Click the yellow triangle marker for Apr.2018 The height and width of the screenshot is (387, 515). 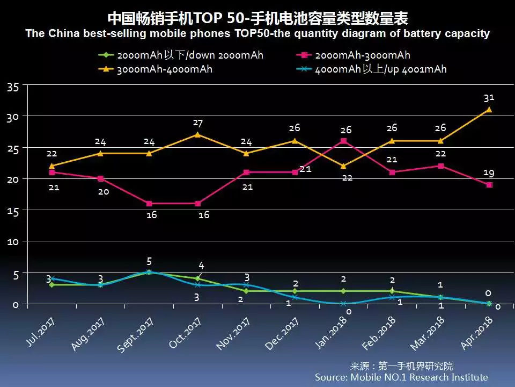[489, 110]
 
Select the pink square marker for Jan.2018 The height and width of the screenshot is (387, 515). [343, 141]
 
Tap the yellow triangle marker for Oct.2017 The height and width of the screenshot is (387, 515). [198, 134]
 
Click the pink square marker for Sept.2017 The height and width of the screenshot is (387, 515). [149, 204]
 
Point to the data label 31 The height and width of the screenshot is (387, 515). [489, 97]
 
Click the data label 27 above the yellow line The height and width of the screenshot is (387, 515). [198, 123]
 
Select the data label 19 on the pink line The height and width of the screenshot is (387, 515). [489, 173]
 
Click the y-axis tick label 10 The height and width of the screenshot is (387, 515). [13, 241]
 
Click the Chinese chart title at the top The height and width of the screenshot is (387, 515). [257, 19]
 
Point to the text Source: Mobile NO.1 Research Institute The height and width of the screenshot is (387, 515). [401, 377]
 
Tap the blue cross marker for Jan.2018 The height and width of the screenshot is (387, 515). [343, 304]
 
